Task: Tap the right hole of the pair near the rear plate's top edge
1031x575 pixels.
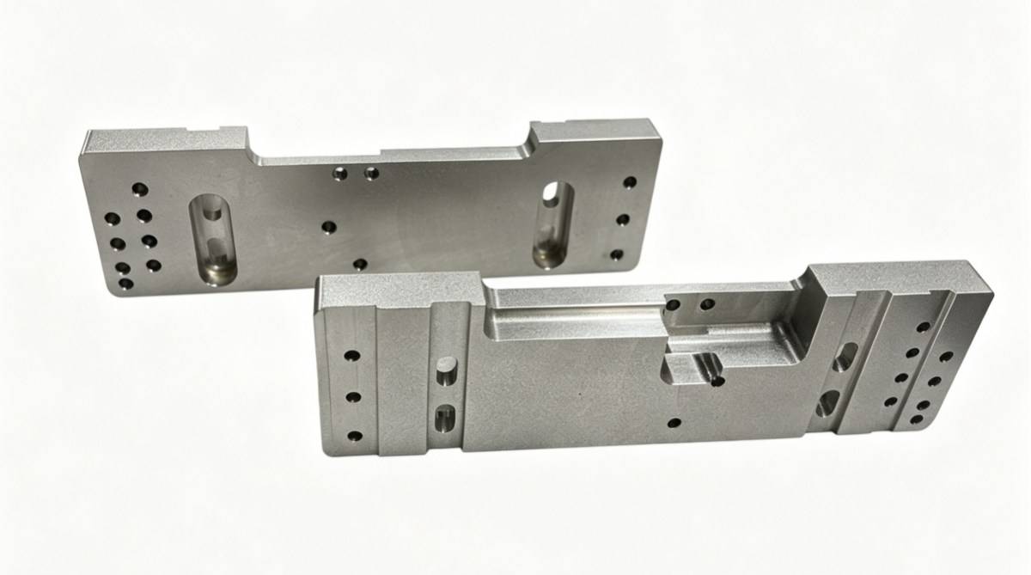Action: [x=371, y=174]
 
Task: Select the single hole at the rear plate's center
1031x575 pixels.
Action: [x=328, y=227]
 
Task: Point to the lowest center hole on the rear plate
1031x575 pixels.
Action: [x=360, y=264]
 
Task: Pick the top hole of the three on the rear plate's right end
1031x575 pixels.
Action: [x=630, y=182]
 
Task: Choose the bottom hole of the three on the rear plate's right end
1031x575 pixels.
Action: [x=616, y=254]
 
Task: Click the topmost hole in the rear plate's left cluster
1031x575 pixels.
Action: [x=138, y=187]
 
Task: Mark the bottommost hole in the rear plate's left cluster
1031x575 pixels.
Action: [x=125, y=283]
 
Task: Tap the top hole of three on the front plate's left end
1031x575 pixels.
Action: [x=351, y=354]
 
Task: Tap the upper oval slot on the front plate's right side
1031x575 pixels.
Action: [x=844, y=357]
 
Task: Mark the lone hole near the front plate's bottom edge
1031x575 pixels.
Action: [x=674, y=422]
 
